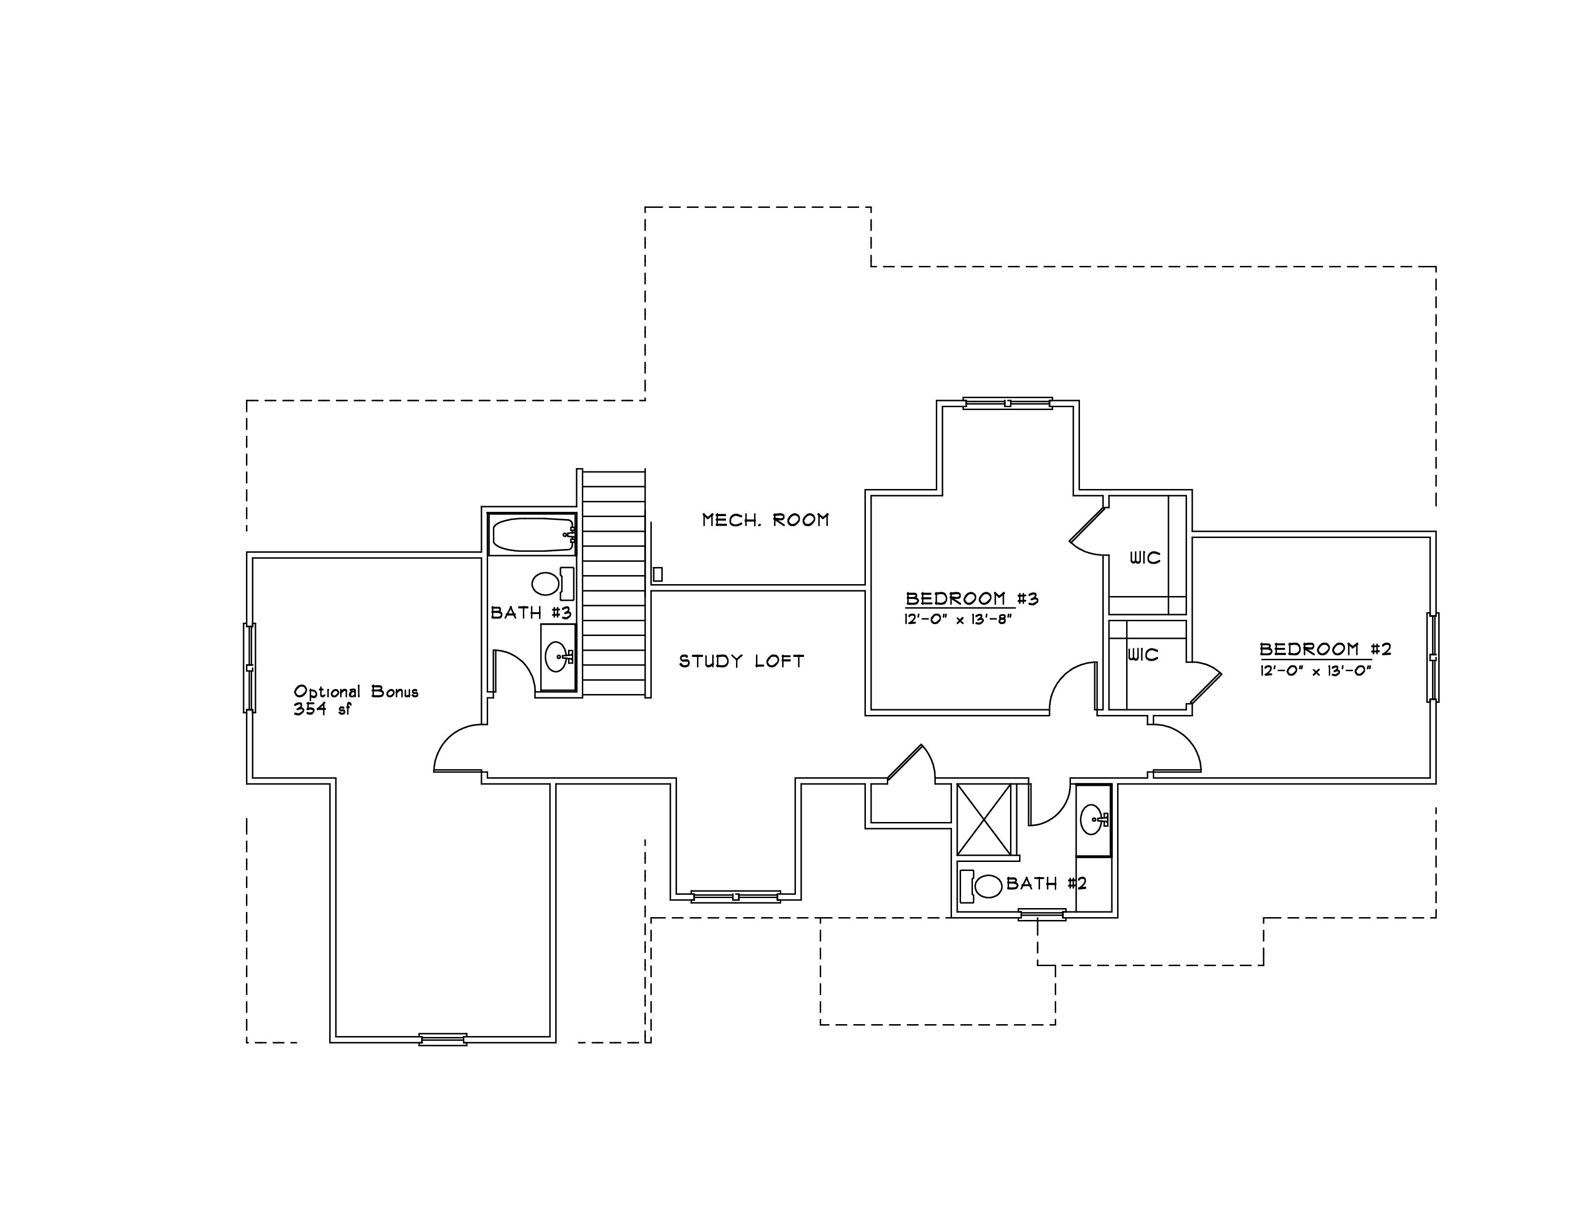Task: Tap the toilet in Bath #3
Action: coord(553,584)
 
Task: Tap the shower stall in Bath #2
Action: coord(985,820)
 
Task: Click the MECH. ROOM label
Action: coord(765,519)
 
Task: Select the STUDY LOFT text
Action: coord(742,661)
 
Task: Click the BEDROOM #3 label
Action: coord(972,598)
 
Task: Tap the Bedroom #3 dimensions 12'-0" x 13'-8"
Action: coord(958,619)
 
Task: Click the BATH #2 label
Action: coord(1047,883)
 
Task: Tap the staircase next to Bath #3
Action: coord(614,583)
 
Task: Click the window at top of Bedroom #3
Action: coord(1008,403)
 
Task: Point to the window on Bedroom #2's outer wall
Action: coord(1433,657)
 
